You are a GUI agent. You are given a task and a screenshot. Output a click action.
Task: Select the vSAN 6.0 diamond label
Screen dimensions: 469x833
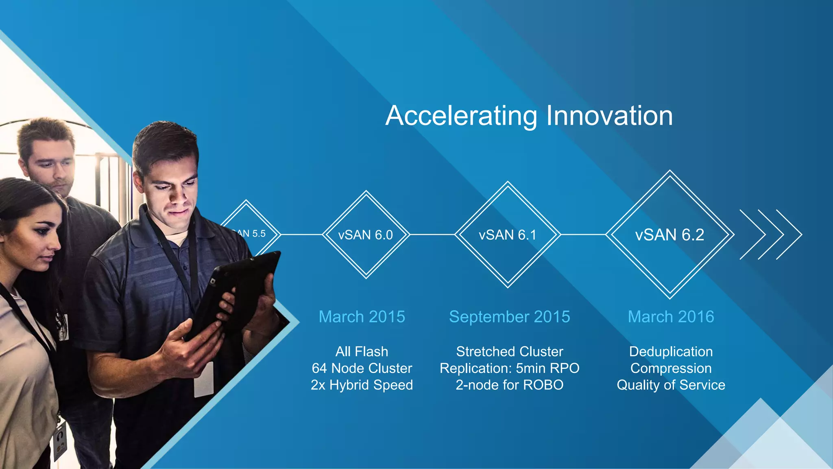point(365,235)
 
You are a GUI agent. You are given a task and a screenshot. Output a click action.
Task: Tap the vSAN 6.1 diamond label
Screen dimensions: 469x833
point(507,235)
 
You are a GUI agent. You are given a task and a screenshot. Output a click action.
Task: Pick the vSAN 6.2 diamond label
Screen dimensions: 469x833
point(669,235)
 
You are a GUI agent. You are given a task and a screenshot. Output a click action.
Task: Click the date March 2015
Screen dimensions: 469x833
point(362,317)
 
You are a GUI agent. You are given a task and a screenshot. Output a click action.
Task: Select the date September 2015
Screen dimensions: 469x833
point(509,317)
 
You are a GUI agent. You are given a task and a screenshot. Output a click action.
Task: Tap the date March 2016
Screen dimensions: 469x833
point(671,317)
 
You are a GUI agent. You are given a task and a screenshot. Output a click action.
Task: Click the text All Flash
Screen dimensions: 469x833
point(362,351)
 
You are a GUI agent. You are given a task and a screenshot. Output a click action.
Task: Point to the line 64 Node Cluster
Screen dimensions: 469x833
point(362,368)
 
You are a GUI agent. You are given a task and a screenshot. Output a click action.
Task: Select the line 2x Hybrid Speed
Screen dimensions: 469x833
point(362,385)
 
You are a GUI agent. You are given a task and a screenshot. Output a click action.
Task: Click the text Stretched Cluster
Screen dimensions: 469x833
point(509,351)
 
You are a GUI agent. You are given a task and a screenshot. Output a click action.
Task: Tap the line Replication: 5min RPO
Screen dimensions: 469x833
point(509,368)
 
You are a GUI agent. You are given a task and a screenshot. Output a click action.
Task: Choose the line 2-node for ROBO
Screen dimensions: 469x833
point(509,385)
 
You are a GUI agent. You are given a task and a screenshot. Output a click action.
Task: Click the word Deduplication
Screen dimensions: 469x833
point(671,351)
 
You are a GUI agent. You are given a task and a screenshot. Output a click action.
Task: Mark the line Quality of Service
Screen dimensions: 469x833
point(671,385)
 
